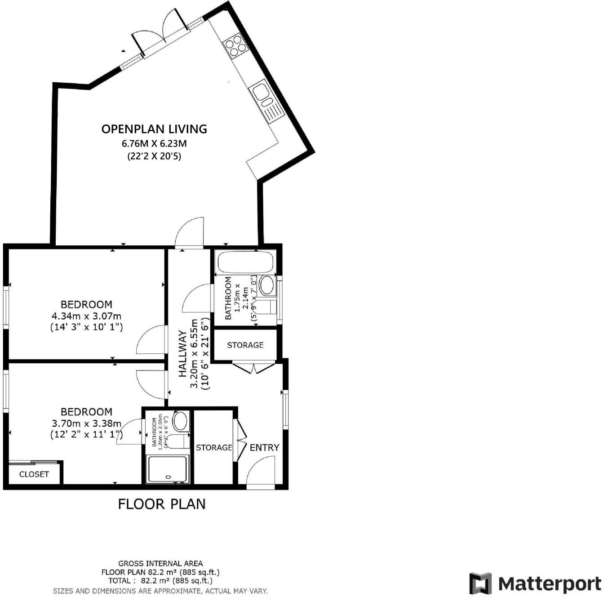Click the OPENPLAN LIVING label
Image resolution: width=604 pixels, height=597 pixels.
pos(154,129)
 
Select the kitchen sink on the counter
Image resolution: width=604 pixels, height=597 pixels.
pos(261,93)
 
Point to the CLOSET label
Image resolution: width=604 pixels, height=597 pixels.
pos(34,474)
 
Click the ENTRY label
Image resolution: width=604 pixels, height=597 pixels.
pos(264,447)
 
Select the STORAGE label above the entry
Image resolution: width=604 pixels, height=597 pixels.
pos(245,345)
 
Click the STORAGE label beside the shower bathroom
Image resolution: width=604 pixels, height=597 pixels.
pos(214,447)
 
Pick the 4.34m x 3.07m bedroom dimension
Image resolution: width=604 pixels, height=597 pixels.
pos(86,316)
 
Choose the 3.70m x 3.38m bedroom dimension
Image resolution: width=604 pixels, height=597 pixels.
pos(86,423)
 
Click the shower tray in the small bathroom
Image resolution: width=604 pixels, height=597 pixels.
pos(168,469)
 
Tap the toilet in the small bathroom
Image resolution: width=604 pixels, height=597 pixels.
pos(180,441)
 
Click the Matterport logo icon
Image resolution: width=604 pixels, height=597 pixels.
pos(480,583)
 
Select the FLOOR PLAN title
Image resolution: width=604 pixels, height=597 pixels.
pos(162,504)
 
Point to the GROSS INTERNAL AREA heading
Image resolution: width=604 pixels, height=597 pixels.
pos(160,563)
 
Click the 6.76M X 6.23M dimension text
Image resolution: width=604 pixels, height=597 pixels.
pos(154,144)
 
